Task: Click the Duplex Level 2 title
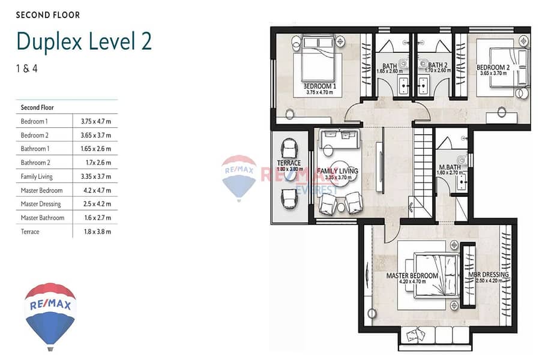84,41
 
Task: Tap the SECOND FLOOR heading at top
48,15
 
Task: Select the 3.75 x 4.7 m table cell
95,121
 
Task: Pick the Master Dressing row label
41,204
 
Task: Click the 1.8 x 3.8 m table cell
97,232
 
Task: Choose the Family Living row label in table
37,176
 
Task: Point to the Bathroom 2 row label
35,163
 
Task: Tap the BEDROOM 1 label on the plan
320,86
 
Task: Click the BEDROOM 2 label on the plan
493,67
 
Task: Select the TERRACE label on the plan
289,163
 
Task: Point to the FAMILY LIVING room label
337,171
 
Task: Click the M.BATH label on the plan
450,167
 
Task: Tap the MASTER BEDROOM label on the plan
412,276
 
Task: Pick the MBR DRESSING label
489,275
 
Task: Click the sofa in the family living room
339,139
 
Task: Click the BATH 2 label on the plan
438,65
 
